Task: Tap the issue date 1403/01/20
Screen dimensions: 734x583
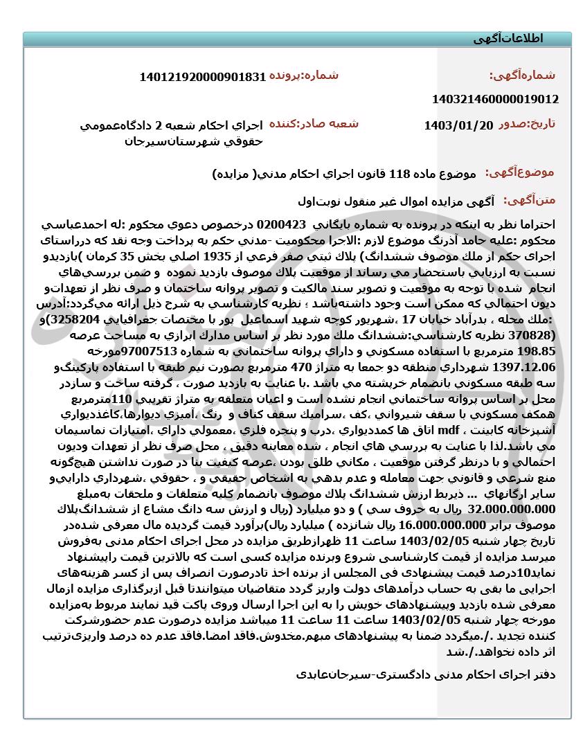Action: [458, 125]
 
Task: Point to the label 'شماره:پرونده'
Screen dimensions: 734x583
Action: [304, 75]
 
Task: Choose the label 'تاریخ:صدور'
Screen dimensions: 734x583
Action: [527, 125]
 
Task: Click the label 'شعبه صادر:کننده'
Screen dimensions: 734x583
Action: [314, 124]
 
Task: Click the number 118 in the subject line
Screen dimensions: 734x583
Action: [401, 173]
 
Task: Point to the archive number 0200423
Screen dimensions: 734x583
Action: [281, 225]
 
